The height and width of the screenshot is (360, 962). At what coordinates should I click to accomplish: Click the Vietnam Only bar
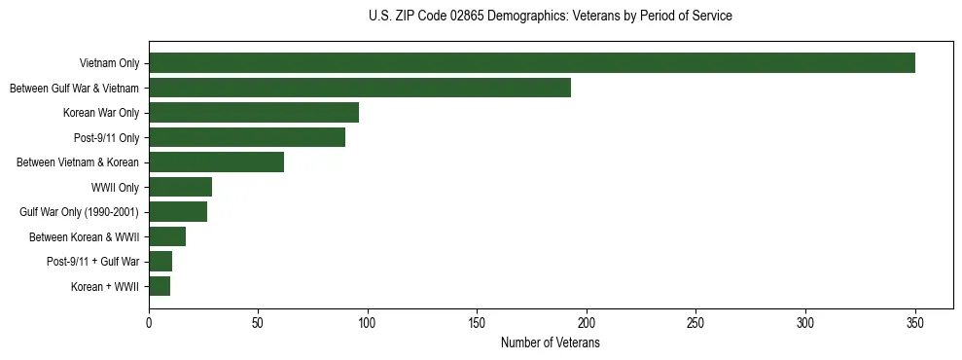coord(531,63)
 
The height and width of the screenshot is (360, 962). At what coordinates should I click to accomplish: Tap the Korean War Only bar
coord(253,113)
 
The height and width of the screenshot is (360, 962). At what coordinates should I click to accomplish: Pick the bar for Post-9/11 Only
coord(246,137)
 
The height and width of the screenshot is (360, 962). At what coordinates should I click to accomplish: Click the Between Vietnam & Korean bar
coord(216,162)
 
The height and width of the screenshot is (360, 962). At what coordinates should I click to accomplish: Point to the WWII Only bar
coord(180,187)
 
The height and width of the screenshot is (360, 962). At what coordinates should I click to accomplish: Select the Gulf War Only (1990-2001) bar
coord(178,212)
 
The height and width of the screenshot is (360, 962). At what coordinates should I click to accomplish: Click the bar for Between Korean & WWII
coord(167,236)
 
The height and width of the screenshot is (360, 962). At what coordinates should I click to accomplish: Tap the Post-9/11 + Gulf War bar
coord(160,262)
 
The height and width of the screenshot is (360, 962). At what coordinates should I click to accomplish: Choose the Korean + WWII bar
coord(160,286)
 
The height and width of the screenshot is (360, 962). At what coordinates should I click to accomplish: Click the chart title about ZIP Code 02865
coord(550,17)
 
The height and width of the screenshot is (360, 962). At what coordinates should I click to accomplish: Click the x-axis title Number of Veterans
coord(550,343)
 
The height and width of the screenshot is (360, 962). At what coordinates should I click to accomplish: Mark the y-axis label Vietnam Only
coord(109,64)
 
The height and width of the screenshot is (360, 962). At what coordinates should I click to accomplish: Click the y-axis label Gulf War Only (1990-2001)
coord(79,212)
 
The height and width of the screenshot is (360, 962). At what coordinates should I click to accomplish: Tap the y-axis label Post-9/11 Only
coord(107,138)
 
